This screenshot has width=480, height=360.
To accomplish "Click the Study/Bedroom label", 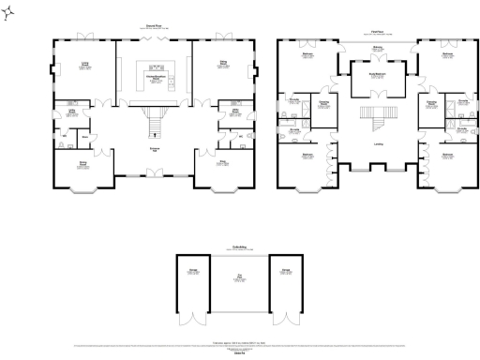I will click(x=377, y=73).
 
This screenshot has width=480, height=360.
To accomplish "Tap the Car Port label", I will click(x=239, y=277).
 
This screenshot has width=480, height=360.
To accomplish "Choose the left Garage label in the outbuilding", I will click(x=193, y=271).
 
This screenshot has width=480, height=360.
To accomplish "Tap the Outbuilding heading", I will click(x=239, y=247).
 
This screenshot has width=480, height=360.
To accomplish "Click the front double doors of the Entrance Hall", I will click(x=154, y=175).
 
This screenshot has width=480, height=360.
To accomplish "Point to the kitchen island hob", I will click(x=155, y=69).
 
